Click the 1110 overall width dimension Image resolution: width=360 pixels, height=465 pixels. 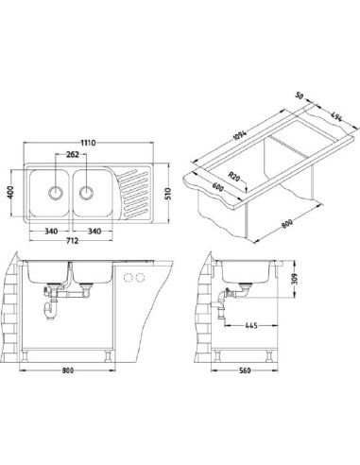point(88,143)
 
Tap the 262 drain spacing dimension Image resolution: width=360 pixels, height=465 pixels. point(72,154)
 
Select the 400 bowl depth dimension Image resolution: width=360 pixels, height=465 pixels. point(11,192)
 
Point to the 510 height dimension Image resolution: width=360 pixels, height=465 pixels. point(167,194)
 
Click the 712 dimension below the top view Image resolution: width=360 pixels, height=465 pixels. point(72,241)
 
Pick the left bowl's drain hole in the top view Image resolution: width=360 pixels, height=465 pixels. point(56,192)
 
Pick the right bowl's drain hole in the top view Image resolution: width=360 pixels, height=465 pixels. point(86,192)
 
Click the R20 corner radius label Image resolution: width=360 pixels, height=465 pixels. point(234,176)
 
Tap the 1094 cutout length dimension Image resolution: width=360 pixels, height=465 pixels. point(240,135)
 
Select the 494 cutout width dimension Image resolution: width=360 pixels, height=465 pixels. point(336,117)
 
